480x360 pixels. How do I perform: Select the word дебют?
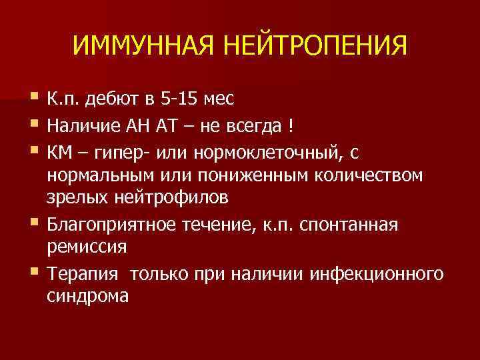pos(113,99)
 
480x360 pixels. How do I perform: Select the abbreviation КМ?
pos(59,151)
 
